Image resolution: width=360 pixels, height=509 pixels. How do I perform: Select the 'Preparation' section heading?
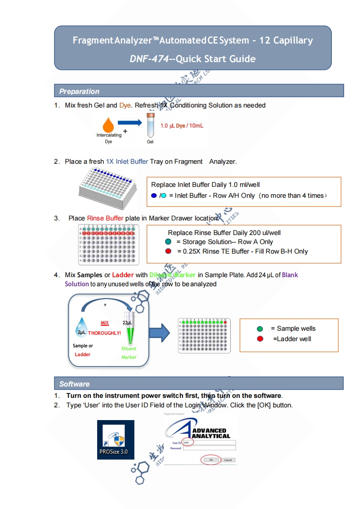click(79, 91)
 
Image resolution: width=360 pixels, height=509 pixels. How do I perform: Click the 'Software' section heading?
click(74, 384)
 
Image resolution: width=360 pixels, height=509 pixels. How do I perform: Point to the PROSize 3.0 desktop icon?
click(115, 440)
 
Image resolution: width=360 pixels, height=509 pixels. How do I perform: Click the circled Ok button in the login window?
click(211, 460)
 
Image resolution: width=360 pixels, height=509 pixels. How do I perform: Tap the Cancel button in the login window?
click(228, 460)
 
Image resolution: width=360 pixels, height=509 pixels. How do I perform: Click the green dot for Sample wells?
click(260, 329)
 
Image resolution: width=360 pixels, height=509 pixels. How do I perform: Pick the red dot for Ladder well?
click(260, 339)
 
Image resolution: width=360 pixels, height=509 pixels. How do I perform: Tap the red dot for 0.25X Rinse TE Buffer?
click(168, 251)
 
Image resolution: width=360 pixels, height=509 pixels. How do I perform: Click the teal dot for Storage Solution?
click(168, 242)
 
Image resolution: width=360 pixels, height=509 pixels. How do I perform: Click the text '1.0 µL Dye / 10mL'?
click(182, 125)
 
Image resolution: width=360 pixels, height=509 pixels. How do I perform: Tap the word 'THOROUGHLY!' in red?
click(104, 333)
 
